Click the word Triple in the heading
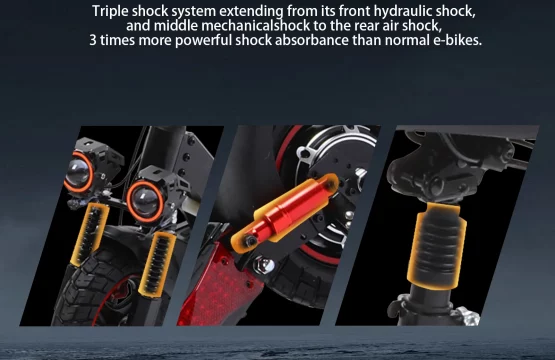pos(110,12)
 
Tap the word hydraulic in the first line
pos(403,11)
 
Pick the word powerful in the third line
pos(203,40)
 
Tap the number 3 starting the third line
pos(93,40)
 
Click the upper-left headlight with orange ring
pos(79,172)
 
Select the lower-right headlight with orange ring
pos(145,201)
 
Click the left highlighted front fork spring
pos(90,234)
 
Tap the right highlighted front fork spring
pos(157,263)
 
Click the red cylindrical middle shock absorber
pos(285,214)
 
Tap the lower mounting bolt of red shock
pos(251,241)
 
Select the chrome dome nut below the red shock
pos(264,265)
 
